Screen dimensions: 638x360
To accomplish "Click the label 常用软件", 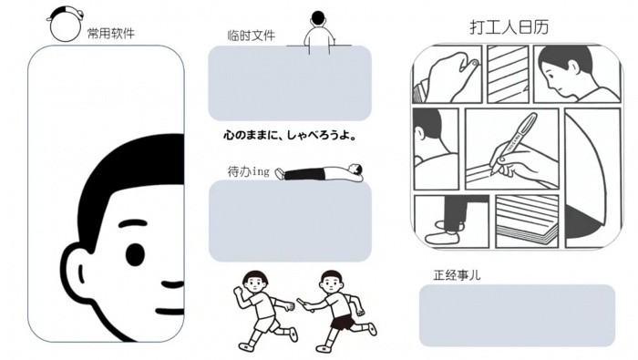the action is click(110, 33).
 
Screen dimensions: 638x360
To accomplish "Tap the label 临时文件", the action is click(252, 36).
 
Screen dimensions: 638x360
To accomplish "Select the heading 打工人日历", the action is click(509, 26).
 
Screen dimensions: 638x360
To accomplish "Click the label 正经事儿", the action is click(457, 275).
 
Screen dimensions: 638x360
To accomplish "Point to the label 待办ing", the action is click(248, 171).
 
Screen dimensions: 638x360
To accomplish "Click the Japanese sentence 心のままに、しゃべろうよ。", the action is click(290, 135).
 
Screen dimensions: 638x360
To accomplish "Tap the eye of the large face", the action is click(135, 254).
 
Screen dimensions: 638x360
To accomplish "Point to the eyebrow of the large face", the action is click(132, 223).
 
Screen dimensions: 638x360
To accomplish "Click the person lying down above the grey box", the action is click(319, 172).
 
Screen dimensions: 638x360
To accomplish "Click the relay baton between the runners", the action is click(305, 305).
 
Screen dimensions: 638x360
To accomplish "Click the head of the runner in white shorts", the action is click(254, 280).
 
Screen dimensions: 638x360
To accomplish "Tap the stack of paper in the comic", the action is click(527, 220).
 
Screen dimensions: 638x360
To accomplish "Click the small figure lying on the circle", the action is click(66, 13).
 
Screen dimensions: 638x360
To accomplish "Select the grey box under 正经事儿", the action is click(517, 315).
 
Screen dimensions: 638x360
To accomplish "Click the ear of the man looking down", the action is click(573, 67).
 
